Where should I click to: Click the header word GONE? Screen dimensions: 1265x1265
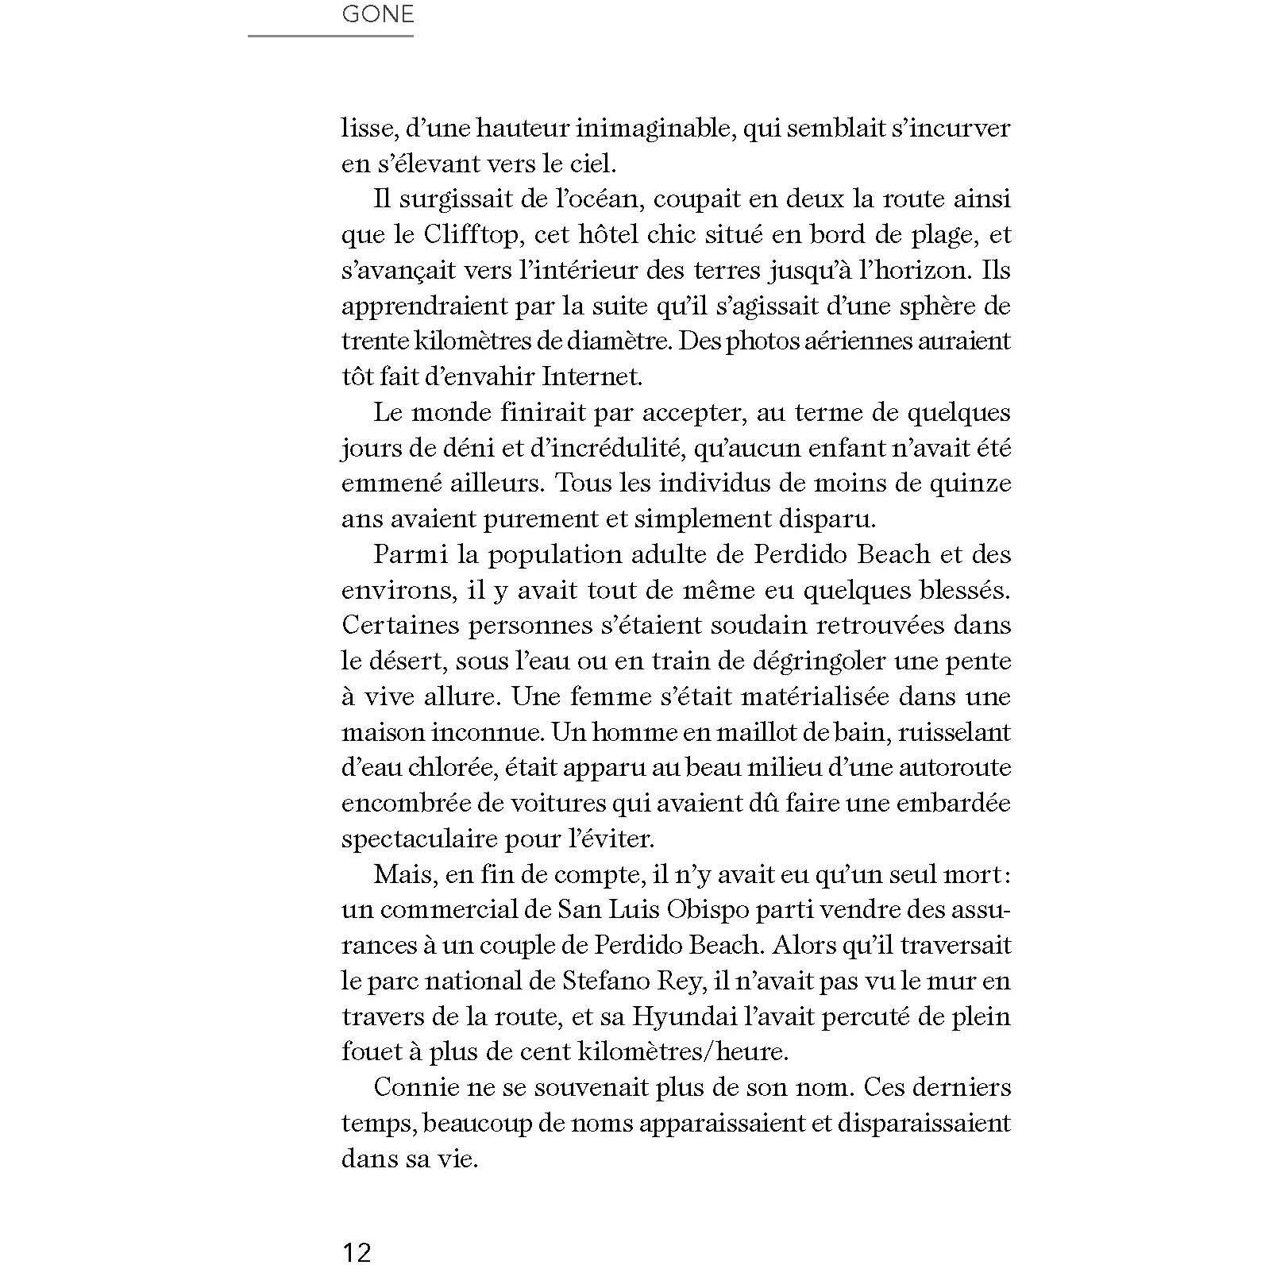(x=377, y=14)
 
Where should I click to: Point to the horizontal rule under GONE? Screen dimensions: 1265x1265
(x=330, y=36)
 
